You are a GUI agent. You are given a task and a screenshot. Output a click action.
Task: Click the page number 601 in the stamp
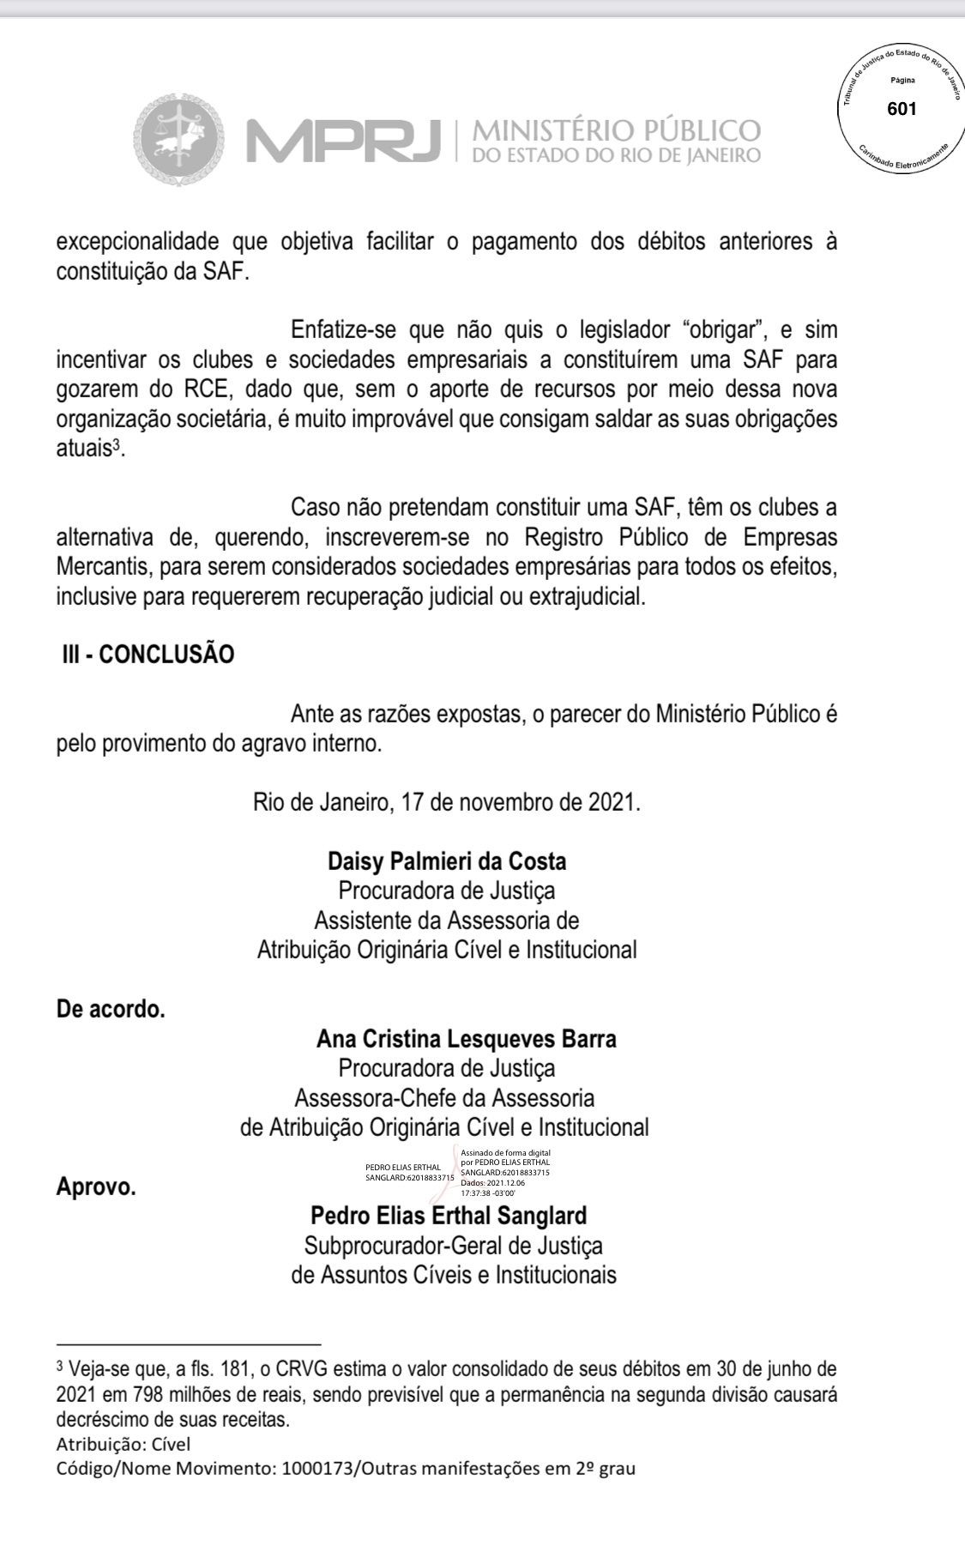902,109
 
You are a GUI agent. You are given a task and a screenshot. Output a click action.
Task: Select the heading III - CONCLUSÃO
145,654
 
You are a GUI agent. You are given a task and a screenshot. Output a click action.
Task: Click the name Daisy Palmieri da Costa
447,861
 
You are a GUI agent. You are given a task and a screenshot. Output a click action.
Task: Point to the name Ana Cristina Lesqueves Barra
466,1039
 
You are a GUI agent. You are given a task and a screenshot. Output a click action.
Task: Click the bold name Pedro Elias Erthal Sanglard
449,1215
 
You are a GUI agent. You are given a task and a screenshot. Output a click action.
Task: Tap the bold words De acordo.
111,1009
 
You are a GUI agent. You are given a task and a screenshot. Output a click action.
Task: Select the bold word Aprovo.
96,1188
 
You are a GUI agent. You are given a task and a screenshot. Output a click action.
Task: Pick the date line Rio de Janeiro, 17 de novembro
446,803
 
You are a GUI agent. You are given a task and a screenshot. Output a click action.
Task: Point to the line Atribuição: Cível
124,1444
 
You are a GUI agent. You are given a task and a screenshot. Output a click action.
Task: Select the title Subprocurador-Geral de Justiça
453,1245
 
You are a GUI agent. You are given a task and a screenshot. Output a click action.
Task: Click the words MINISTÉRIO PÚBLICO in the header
616,130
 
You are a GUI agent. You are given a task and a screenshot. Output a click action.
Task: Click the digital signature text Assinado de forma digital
505,1153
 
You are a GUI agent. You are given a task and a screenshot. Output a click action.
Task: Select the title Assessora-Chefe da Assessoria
444,1098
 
